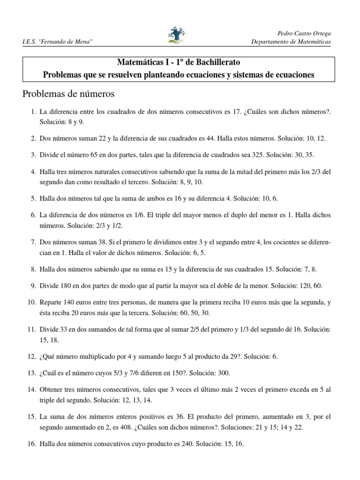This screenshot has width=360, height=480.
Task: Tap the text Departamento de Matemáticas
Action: click(291, 42)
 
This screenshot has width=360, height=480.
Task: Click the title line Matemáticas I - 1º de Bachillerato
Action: click(179, 62)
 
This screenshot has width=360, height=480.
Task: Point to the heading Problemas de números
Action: click(68, 94)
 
